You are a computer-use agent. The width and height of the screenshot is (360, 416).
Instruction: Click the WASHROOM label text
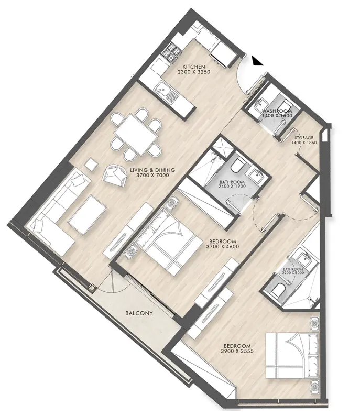point(277,111)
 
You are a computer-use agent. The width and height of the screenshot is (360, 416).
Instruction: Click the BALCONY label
point(139,314)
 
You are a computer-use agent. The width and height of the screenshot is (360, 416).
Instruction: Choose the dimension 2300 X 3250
point(193,72)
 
